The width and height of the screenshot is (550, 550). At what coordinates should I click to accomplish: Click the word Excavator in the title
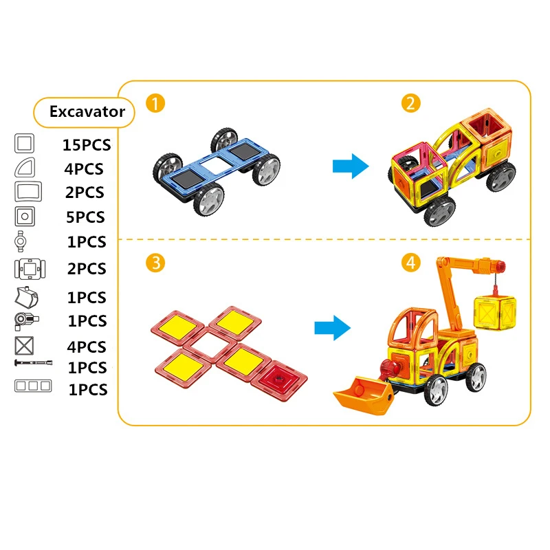click(87, 111)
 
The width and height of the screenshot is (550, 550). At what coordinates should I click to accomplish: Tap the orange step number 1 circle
click(155, 104)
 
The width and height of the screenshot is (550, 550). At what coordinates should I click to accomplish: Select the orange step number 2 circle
click(410, 104)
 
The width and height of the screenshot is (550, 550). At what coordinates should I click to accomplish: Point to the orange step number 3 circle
click(155, 262)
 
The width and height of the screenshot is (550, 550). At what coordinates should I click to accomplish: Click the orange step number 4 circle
click(410, 262)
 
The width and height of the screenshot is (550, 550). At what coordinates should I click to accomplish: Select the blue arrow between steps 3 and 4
click(332, 327)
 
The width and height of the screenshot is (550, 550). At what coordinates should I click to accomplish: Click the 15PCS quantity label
click(86, 145)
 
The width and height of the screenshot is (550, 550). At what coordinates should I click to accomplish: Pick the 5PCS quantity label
click(86, 217)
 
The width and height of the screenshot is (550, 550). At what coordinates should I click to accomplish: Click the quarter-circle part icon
click(24, 167)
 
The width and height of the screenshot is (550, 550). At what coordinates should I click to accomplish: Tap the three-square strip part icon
click(32, 386)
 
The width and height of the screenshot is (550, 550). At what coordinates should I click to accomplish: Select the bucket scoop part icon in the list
click(26, 297)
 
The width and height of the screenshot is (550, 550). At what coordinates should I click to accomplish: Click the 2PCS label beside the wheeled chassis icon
click(86, 269)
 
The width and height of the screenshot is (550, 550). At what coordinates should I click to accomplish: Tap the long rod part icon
click(32, 362)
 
